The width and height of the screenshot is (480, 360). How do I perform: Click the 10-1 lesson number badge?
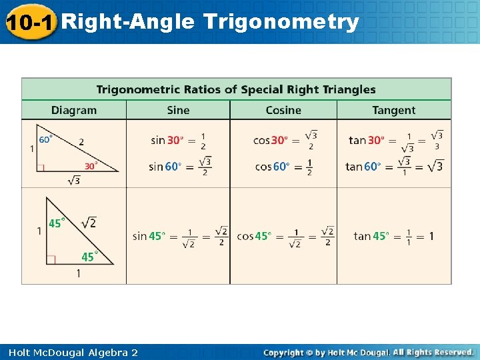click(x=31, y=22)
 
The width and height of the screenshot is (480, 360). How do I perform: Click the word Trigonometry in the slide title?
click(x=281, y=22)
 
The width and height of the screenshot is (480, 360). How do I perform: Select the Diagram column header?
click(x=74, y=110)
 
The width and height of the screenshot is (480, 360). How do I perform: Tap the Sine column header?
click(x=178, y=110)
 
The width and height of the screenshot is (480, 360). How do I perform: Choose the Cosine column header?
click(x=283, y=110)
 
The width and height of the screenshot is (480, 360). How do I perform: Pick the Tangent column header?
click(x=393, y=110)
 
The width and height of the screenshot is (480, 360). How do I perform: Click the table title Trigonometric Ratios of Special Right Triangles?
click(x=236, y=89)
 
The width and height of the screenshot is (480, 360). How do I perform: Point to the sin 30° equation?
click(x=178, y=140)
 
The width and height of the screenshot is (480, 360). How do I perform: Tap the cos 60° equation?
click(x=284, y=167)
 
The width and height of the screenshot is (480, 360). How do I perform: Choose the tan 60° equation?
click(x=394, y=166)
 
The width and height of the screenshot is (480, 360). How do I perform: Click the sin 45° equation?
click(x=180, y=236)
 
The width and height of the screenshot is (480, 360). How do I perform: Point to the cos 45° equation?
click(x=285, y=236)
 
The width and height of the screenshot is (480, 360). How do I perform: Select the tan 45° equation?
click(x=393, y=236)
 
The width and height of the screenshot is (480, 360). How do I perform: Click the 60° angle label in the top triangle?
click(x=46, y=139)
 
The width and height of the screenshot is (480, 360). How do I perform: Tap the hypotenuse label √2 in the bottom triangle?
click(x=88, y=223)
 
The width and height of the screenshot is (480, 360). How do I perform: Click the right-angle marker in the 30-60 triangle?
click(x=41, y=168)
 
